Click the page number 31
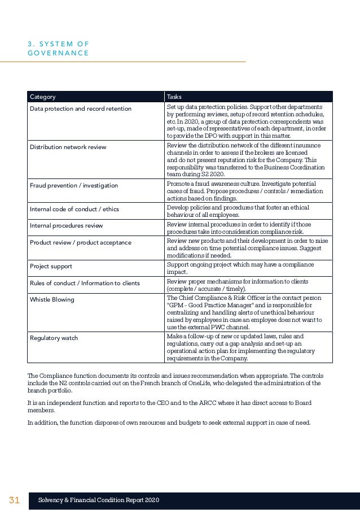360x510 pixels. tap(14, 500)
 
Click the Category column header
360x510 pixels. tap(42, 97)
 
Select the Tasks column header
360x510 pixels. tap(174, 97)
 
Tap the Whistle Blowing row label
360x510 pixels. tap(52, 299)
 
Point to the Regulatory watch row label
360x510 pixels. tap(54, 338)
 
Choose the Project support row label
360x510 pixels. tap(51, 266)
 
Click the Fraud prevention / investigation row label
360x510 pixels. tap(74, 185)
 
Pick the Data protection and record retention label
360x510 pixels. tap(80, 108)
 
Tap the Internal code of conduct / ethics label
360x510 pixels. tap(74, 209)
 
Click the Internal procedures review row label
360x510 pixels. tap(66, 225)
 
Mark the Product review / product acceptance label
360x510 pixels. tap(80, 242)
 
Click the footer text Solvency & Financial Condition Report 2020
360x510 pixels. tap(98, 500)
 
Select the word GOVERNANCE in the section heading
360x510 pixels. tap(58, 53)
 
